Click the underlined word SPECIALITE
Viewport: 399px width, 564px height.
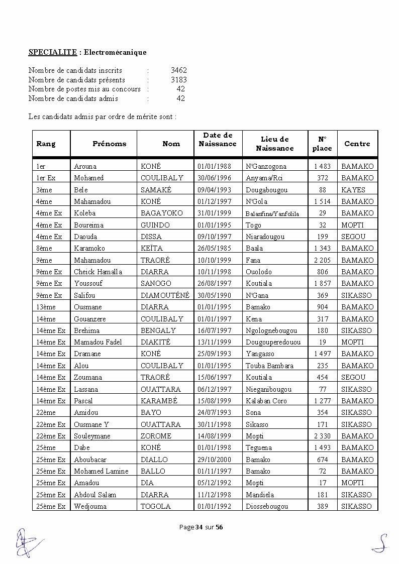52,52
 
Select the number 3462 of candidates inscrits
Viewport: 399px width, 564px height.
178,71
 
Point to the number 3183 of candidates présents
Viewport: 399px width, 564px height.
178,80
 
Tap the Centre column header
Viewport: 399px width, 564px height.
357,144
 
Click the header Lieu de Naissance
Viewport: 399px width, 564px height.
274,144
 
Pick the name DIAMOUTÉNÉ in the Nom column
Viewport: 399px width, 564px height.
165,295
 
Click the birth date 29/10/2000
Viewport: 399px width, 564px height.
215,460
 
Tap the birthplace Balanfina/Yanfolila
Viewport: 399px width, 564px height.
272,213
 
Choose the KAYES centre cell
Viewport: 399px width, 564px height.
353,190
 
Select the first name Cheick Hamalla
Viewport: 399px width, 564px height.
97,272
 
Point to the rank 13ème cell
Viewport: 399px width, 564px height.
46,307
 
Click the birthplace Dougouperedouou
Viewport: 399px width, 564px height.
273,342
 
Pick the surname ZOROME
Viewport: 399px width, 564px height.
156,436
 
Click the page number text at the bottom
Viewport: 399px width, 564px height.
201,527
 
